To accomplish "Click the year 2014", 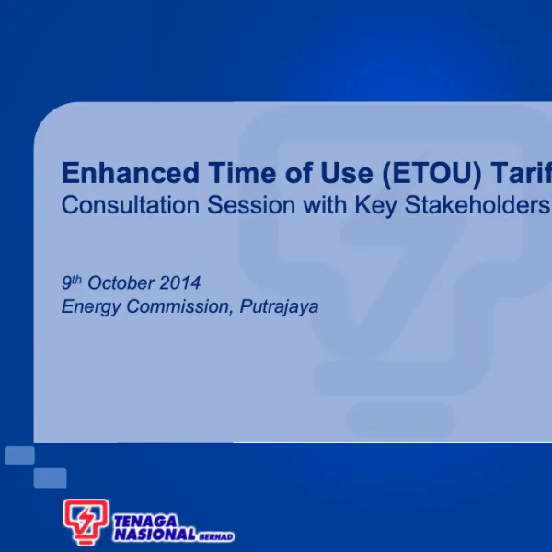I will [180, 282].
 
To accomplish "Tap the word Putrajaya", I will [279, 307].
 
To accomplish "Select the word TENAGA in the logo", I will [145, 520].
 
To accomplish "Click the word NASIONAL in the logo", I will [155, 534].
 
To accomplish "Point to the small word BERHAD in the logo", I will [216, 536].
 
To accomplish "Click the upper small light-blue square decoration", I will [19, 455].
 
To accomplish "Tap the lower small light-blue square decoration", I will [51, 477].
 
